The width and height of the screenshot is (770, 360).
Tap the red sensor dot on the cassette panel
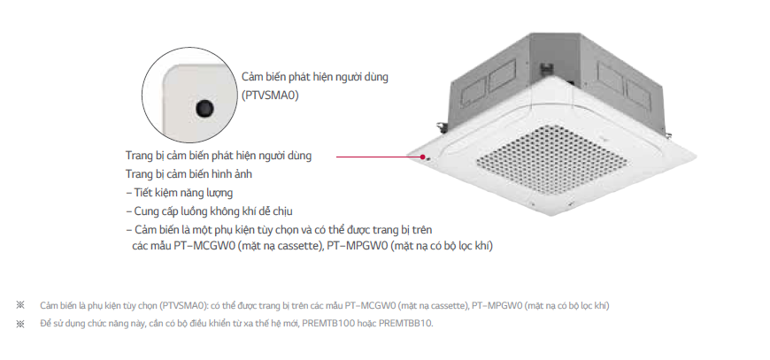tap(424, 157)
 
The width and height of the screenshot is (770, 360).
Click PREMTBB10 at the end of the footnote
tap(404, 323)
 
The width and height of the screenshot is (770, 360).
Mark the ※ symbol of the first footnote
tap(20, 305)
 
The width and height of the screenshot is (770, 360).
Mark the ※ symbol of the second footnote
tap(20, 323)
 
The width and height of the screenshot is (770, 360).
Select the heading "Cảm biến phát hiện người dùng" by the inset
tap(315, 76)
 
